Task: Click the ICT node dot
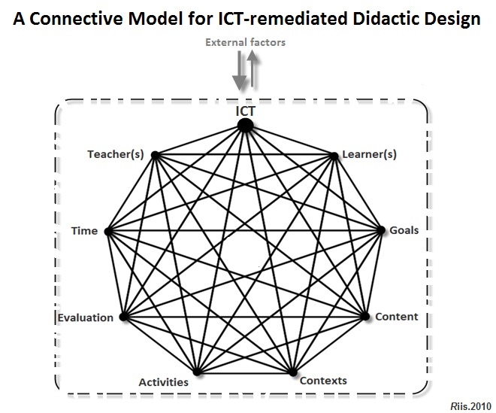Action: (245, 126)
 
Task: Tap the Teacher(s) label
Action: (115, 154)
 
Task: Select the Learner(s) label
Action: (369, 154)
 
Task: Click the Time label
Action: (84, 230)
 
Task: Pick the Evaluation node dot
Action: (123, 317)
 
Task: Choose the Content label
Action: (396, 317)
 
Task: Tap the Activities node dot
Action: (197, 372)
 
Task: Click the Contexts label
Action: (323, 381)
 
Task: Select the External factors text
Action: (246, 43)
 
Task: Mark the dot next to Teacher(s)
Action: (154, 155)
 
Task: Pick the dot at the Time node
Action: (107, 231)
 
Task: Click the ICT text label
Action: (245, 111)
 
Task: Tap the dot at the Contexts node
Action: (292, 372)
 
